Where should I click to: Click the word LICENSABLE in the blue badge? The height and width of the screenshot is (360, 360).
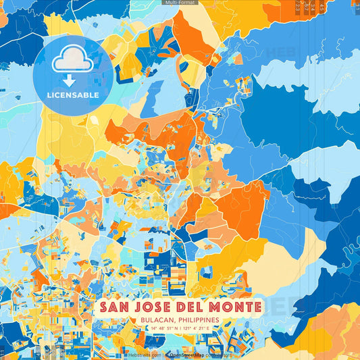73,95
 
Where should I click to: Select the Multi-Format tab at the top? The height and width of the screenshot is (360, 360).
180,3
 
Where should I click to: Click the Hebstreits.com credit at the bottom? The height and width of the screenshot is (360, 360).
144,354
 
